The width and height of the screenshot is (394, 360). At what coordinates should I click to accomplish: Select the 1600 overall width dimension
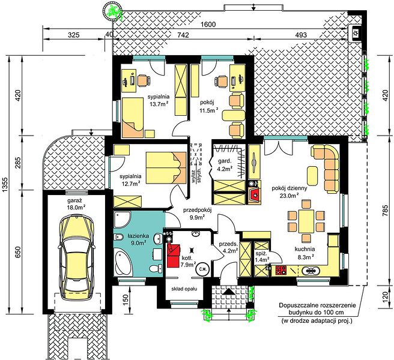click(x=208, y=25)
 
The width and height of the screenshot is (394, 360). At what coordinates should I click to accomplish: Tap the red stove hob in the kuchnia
click(x=281, y=270)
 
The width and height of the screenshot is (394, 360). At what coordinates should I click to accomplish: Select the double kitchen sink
click(x=311, y=271)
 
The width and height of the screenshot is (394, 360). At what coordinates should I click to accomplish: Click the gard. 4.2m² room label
click(x=225, y=165)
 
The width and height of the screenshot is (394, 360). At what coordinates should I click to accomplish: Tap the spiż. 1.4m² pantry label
click(x=261, y=257)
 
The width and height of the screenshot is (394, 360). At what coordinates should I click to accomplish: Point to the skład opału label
click(x=184, y=289)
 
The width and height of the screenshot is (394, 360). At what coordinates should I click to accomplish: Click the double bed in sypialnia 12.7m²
click(x=166, y=167)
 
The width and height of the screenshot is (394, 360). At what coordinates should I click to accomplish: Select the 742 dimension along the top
click(x=183, y=35)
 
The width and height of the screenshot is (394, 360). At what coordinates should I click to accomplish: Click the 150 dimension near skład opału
click(x=126, y=298)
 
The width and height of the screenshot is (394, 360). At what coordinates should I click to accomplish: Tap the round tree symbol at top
click(x=112, y=11)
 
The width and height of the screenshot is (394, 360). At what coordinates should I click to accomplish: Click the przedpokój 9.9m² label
click(x=198, y=214)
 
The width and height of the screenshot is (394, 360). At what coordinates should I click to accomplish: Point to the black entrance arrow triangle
click(x=228, y=292)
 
